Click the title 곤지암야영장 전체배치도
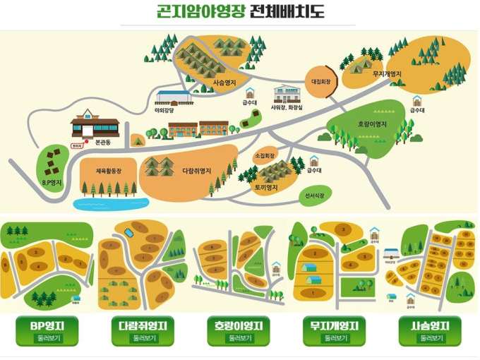click(x=239, y=12)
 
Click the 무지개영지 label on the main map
click(x=387, y=73)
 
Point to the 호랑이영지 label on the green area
click(x=372, y=124)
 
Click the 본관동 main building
click(x=95, y=126)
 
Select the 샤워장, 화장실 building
click(x=287, y=95)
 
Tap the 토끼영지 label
click(x=265, y=188)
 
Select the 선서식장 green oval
click(x=316, y=194)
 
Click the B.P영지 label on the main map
click(x=51, y=182)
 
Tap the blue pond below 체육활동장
click(x=106, y=205)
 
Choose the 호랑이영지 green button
click(x=239, y=330)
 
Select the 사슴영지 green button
click(x=429, y=330)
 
